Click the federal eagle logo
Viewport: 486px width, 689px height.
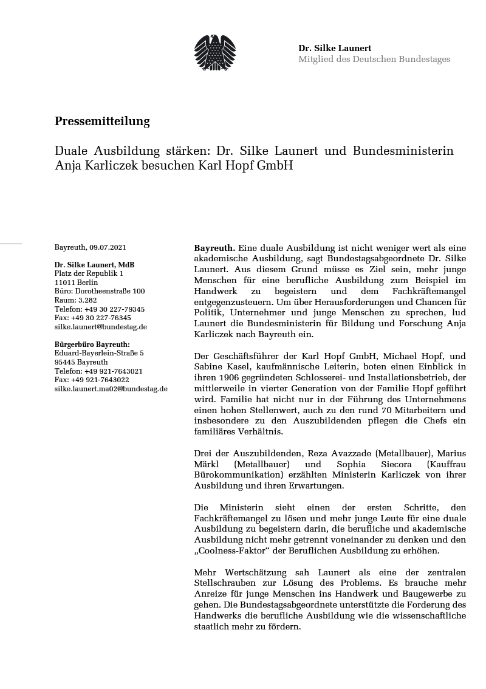(214, 52)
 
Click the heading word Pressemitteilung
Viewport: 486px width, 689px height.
(102, 122)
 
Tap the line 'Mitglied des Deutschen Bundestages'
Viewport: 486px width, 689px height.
(374, 59)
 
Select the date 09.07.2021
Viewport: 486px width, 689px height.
(108, 247)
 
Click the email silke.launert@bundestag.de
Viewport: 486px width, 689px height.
(101, 326)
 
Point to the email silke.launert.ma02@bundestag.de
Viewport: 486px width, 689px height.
(111, 388)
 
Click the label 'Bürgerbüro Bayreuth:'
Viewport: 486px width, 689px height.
(92, 344)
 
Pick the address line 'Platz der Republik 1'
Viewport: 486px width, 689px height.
(89, 273)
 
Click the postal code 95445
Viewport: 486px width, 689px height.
(64, 362)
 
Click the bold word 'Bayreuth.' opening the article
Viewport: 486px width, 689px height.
(214, 248)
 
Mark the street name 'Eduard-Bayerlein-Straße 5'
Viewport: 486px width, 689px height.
(99, 353)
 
